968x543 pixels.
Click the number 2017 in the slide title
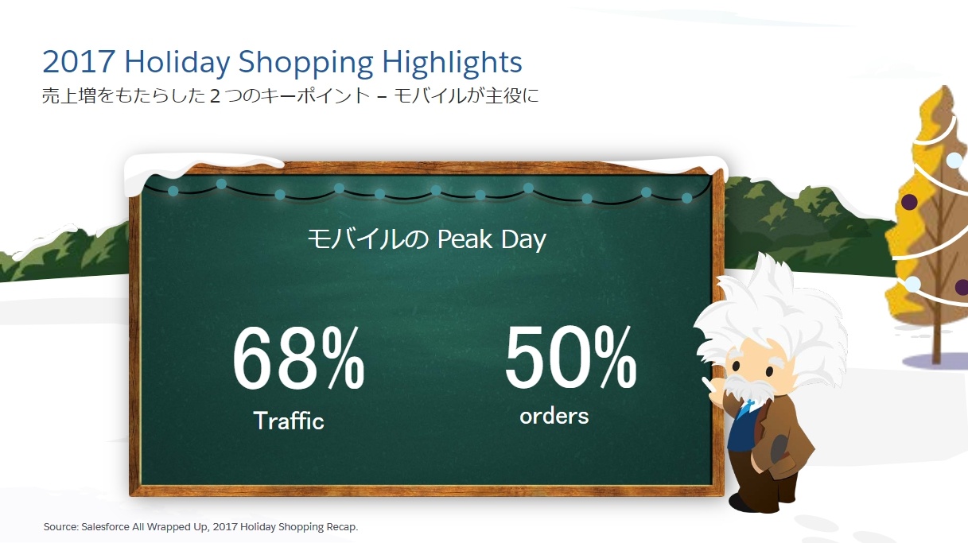(79, 62)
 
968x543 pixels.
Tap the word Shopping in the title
(305, 64)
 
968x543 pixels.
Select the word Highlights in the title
(452, 64)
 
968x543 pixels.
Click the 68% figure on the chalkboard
(298, 358)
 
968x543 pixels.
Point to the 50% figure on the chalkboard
(570, 357)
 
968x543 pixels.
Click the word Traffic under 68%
(289, 421)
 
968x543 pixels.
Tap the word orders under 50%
(554, 416)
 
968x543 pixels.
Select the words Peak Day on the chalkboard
(492, 239)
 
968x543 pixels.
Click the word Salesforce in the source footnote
(106, 526)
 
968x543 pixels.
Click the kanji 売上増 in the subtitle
(69, 95)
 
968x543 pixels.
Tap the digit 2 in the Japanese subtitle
(215, 96)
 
